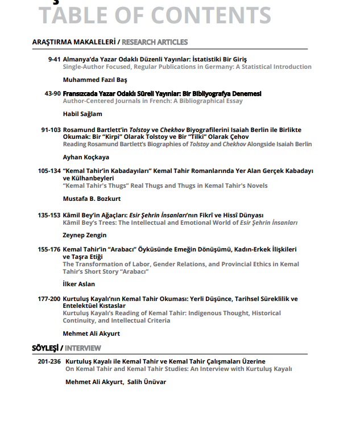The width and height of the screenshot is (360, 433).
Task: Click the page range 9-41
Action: pyautogui.click(x=55, y=59)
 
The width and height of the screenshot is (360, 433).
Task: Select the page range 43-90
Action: pyautogui.click(x=52, y=93)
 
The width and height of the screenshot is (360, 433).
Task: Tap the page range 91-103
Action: pyautogui.click(x=51, y=130)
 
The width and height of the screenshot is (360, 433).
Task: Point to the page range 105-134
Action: pyautogui.click(x=49, y=171)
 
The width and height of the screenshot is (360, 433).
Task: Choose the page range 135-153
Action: pyautogui.click(x=49, y=215)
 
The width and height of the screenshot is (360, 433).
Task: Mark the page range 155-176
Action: pyautogui.click(x=49, y=249)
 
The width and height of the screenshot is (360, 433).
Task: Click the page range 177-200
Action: pyautogui.click(x=49, y=299)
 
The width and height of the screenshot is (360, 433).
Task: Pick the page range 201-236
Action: pyautogui.click(x=49, y=361)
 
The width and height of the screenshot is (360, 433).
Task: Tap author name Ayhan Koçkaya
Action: pyautogui.click(x=86, y=157)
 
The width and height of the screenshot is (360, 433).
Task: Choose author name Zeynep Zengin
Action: pyautogui.click(x=85, y=235)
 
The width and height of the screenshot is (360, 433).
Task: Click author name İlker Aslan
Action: pyautogui.click(x=79, y=284)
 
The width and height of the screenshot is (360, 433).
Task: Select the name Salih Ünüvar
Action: pyautogui.click(x=147, y=382)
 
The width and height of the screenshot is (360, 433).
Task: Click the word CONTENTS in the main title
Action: pyautogui.click(x=210, y=16)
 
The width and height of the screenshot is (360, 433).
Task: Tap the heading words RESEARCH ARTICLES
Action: pyautogui.click(x=155, y=42)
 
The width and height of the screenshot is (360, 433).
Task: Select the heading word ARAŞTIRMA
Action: pyautogui.click(x=52, y=42)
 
